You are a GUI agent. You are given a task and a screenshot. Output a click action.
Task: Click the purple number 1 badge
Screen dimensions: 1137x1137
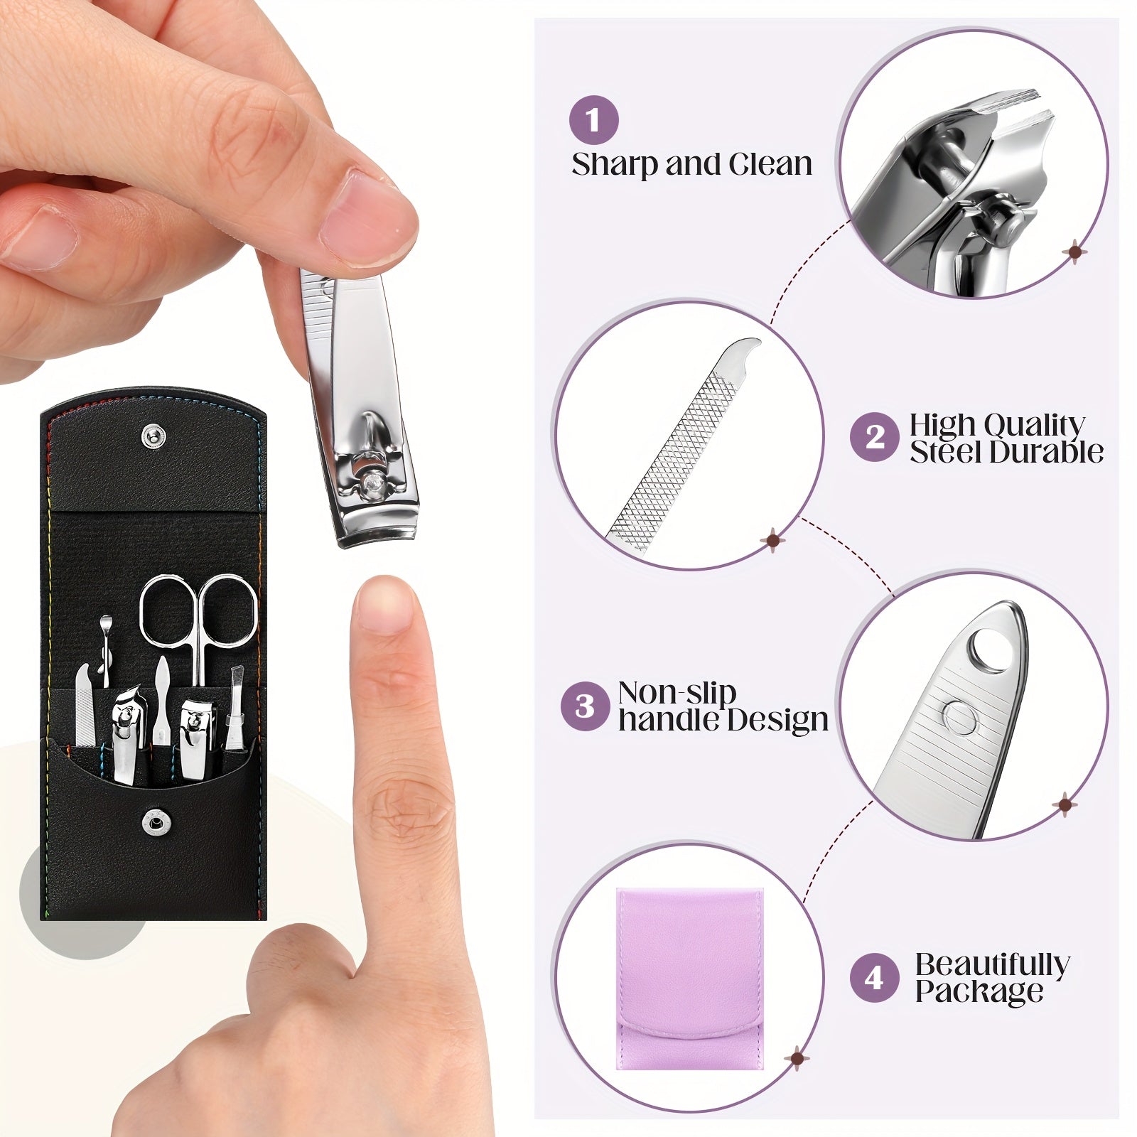(x=593, y=119)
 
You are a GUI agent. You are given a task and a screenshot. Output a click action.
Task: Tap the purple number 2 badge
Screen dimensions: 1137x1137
(x=875, y=437)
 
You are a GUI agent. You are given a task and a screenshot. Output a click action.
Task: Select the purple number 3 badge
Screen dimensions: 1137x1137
(x=585, y=706)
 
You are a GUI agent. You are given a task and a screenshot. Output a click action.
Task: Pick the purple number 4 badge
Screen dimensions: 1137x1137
(x=874, y=978)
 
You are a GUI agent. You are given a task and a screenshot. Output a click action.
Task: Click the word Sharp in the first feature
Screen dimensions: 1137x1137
(x=615, y=165)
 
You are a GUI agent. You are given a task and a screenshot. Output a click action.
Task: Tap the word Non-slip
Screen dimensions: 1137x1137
(x=677, y=692)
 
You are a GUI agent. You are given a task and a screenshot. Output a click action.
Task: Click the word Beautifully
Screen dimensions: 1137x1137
(x=992, y=964)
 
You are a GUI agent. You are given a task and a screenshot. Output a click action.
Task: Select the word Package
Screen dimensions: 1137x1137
(x=979, y=991)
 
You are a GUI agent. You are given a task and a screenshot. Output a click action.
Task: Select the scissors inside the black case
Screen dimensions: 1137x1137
(x=198, y=618)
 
